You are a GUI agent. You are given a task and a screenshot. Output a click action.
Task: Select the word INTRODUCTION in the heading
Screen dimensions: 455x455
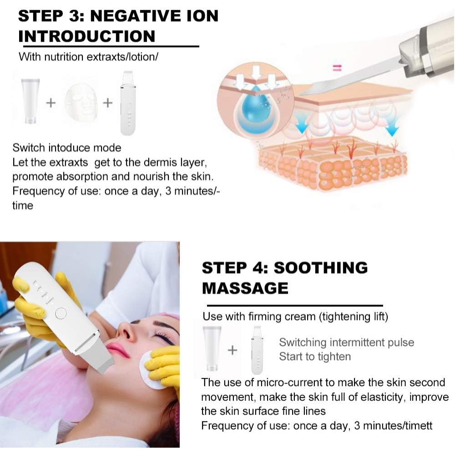click(86, 36)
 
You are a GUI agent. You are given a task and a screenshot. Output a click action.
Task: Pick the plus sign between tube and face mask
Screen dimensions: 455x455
click(51, 103)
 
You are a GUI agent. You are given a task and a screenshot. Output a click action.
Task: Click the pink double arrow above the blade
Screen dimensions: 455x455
click(337, 68)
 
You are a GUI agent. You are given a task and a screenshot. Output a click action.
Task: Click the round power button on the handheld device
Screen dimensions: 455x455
click(59, 313)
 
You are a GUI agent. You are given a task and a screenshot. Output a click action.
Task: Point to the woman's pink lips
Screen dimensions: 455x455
click(118, 349)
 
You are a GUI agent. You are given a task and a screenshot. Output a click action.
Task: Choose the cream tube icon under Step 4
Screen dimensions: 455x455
click(212, 348)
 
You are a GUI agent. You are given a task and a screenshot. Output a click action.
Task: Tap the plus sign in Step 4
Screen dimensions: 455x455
click(233, 349)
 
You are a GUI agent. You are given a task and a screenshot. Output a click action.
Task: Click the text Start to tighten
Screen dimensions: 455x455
click(315, 356)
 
